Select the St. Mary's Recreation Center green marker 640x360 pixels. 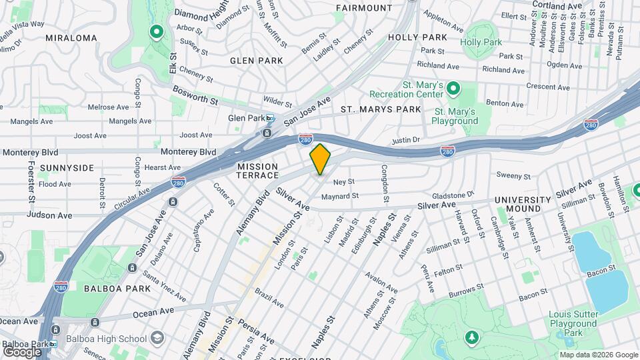(453, 88)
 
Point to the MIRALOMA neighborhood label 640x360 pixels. (71, 38)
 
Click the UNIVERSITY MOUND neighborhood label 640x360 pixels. (523, 204)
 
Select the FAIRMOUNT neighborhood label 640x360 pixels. (364, 8)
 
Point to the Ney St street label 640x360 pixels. (343, 181)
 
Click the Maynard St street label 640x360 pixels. (340, 196)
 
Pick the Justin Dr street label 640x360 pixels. (405, 141)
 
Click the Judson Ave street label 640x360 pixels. (49, 215)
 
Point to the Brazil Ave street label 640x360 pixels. (269, 298)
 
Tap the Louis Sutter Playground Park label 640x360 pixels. (573, 323)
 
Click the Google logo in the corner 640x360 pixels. (22, 351)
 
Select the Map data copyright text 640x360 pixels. (598, 355)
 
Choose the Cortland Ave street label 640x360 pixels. (557, 6)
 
